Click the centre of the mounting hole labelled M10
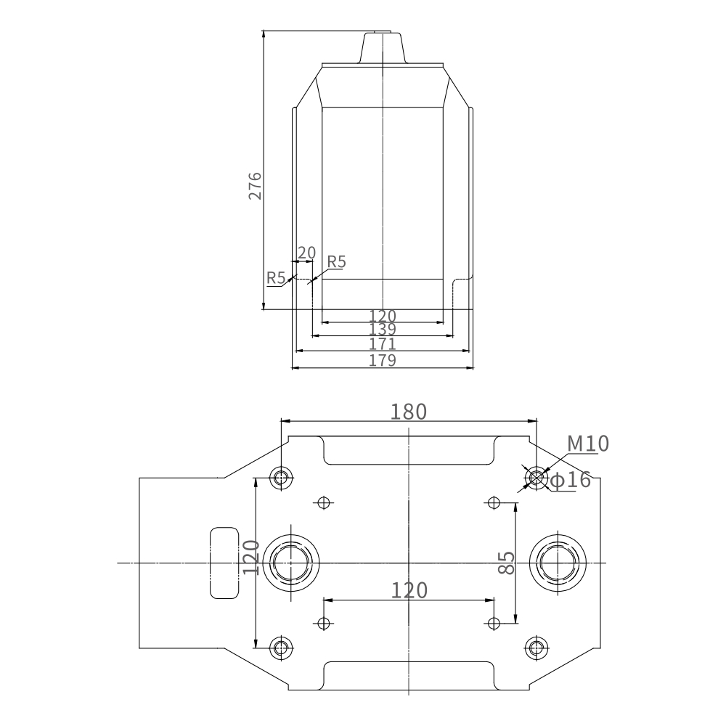coord(537,478)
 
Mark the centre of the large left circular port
coord(291,563)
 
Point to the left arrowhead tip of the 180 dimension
coord(282,421)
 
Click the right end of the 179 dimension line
coord(473,368)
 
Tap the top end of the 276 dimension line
coord(263,31)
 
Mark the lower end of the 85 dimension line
coord(515,623)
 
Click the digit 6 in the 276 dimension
coord(255,177)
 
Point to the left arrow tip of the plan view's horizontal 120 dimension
coord(324,600)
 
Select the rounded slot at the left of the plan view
coord(224,563)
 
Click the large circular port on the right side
coord(558,563)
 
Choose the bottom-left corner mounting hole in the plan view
coord(281,648)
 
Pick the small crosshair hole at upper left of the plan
coord(324,502)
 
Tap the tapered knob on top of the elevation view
coord(383,48)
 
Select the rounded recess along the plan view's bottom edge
coord(409,675)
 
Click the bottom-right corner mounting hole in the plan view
coord(537,648)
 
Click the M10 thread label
coord(588,444)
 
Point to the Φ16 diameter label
coord(570,480)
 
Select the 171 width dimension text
coord(383,344)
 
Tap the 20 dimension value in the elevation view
coord(306,253)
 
